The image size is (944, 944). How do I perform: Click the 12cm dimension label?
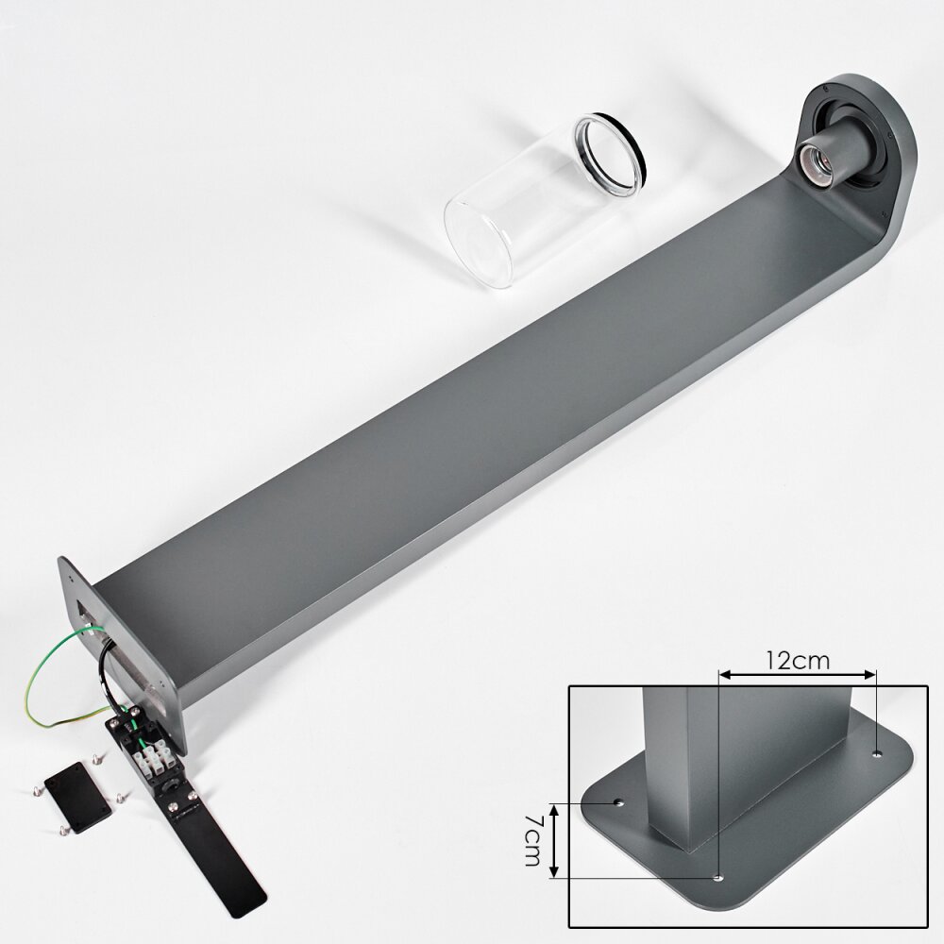(x=798, y=660)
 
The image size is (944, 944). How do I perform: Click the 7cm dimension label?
(x=532, y=840)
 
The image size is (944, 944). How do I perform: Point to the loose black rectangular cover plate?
(x=78, y=797)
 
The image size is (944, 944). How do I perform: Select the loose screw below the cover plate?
(x=64, y=831)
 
